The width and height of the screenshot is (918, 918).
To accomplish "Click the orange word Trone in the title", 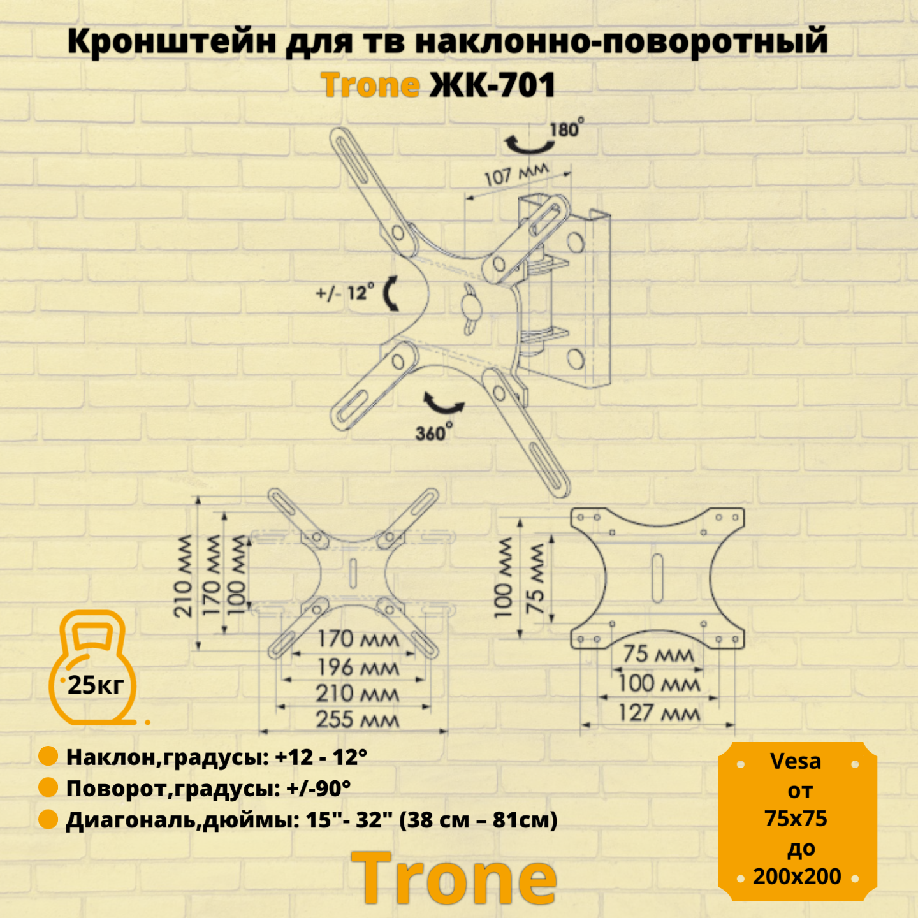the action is pyautogui.click(x=370, y=85).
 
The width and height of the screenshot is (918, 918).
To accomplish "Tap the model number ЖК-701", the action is pyautogui.click(x=493, y=85).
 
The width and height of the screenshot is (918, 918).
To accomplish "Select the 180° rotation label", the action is pyautogui.click(x=566, y=129).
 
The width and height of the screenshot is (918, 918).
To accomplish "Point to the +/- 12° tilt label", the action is pyautogui.click(x=345, y=293).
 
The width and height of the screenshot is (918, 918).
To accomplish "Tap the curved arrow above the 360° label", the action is pyautogui.click(x=444, y=404).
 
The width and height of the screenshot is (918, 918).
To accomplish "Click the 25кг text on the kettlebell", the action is pyautogui.click(x=96, y=685).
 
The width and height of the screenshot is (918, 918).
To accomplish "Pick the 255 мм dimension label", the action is pyautogui.click(x=357, y=720).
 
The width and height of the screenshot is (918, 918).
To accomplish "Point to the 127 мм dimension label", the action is pyautogui.click(x=659, y=713).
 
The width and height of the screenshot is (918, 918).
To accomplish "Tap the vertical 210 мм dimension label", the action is pyautogui.click(x=183, y=576).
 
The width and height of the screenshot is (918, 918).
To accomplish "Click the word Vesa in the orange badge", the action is pyautogui.click(x=796, y=761).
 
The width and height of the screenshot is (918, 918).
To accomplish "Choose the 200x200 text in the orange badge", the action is pyautogui.click(x=797, y=877).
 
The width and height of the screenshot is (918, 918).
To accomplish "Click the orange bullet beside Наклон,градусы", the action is pyautogui.click(x=48, y=756).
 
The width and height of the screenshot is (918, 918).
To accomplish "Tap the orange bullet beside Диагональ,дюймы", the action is pyautogui.click(x=48, y=819).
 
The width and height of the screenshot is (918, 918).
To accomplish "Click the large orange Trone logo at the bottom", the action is pyautogui.click(x=453, y=878).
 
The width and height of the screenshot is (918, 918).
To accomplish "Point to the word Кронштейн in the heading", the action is pyautogui.click(x=171, y=41).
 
